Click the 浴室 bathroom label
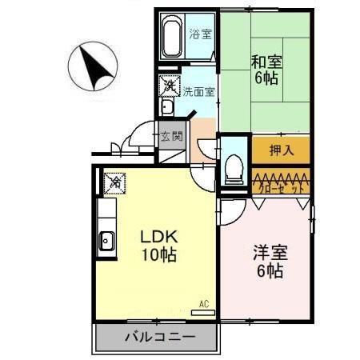pyautogui.click(x=201, y=34)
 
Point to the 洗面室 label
pyautogui.click(x=199, y=92)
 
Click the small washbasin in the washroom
pyautogui.click(x=168, y=107)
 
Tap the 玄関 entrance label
pyautogui.click(x=171, y=136)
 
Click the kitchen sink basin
pyautogui.click(x=106, y=238)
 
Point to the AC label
pyautogui.click(x=203, y=303)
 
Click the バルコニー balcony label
pyautogui.click(x=158, y=337)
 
